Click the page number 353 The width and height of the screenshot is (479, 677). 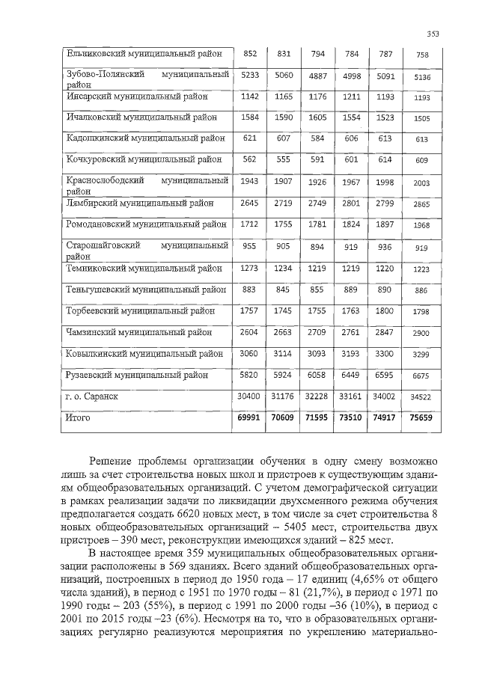click(x=432, y=33)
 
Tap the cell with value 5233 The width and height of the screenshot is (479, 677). click(x=250, y=75)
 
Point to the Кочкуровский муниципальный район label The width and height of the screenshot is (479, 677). click(x=144, y=159)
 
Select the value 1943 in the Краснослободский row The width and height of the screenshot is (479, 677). click(x=250, y=182)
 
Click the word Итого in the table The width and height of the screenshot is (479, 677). click(x=78, y=417)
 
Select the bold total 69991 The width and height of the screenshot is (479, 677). click(x=248, y=418)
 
